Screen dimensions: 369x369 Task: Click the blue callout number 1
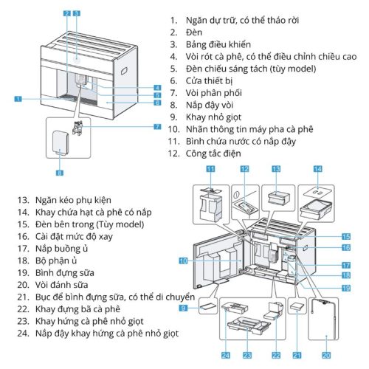click(17, 97)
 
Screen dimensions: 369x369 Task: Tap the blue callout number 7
click(157, 126)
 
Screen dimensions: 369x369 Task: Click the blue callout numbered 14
click(318, 169)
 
